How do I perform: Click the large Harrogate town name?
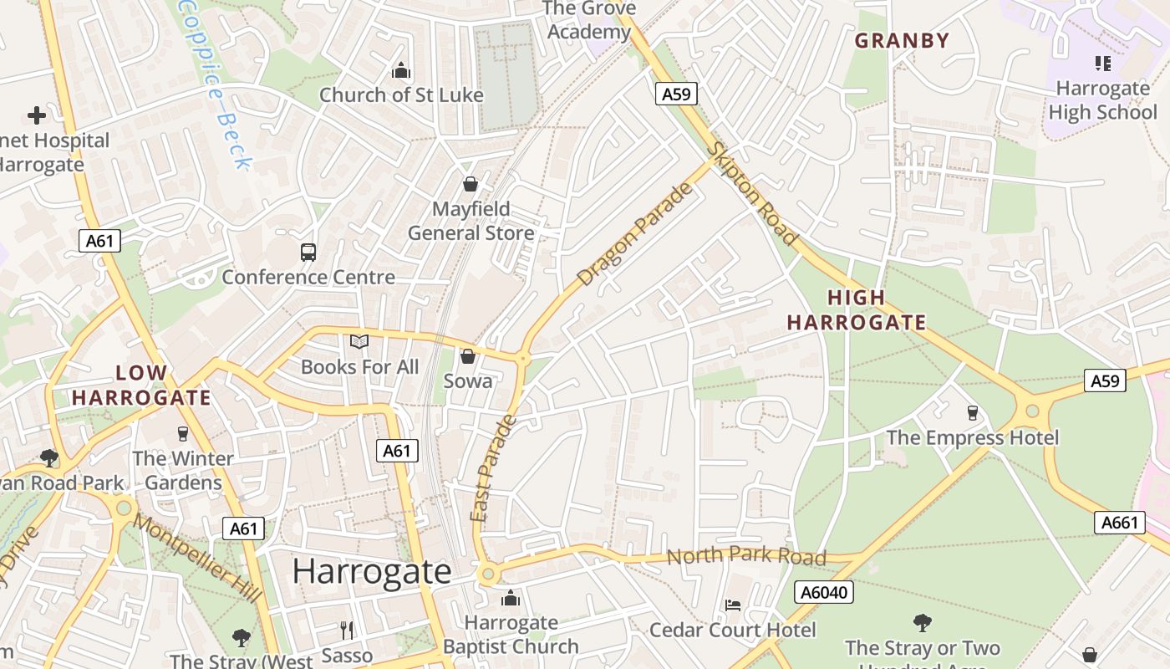point(372,571)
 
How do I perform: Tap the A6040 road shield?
point(824,593)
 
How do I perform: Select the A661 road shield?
point(1120,523)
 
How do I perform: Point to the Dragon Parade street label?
point(636,234)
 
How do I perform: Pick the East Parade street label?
point(494,468)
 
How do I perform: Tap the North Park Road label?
point(746,555)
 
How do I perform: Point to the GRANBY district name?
point(902,40)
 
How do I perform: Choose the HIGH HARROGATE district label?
point(857,309)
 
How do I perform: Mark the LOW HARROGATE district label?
point(141,385)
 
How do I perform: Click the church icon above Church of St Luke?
point(401,70)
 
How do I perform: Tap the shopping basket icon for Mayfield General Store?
point(471,184)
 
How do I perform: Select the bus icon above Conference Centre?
point(308,252)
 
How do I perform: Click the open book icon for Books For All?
point(359,341)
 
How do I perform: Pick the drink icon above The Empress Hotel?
point(972,412)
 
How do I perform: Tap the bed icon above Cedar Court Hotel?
point(733,605)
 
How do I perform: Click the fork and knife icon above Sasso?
point(347,630)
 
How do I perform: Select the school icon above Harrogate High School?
point(1102,63)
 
